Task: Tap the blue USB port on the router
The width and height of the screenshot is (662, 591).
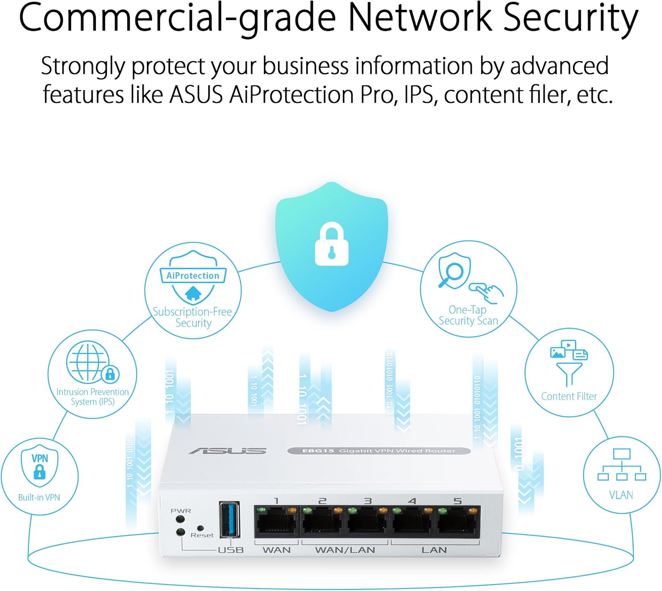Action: point(229,519)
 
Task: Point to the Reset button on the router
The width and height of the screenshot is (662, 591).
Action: point(200,528)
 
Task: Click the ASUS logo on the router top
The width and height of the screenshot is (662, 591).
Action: point(228,451)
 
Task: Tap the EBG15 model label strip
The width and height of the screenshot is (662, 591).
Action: point(379,451)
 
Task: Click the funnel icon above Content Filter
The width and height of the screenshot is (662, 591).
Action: point(569,373)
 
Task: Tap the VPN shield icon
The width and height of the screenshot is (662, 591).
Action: point(39,466)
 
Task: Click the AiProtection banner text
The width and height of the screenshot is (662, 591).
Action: point(193,276)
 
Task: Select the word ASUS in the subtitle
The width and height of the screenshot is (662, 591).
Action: point(196,95)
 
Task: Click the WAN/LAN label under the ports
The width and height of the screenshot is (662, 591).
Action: point(345,550)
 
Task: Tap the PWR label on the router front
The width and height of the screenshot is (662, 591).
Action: point(181,511)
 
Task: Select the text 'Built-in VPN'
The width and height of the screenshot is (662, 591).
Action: point(39,497)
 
